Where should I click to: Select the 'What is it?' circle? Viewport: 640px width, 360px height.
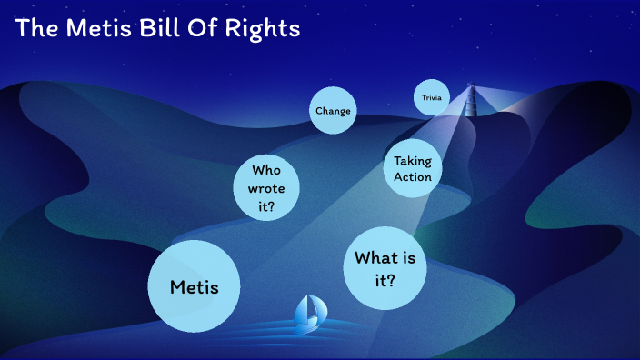385,268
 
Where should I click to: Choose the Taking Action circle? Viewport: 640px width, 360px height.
412,168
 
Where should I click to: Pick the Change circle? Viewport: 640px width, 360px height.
332,111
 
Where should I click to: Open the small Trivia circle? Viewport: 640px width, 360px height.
431,97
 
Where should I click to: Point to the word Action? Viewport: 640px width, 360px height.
412,176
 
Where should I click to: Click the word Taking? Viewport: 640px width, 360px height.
412,161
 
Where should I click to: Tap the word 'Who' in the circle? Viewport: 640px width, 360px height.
267,170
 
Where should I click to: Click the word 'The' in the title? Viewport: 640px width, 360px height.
35,28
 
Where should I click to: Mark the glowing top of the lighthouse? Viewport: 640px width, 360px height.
471,88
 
